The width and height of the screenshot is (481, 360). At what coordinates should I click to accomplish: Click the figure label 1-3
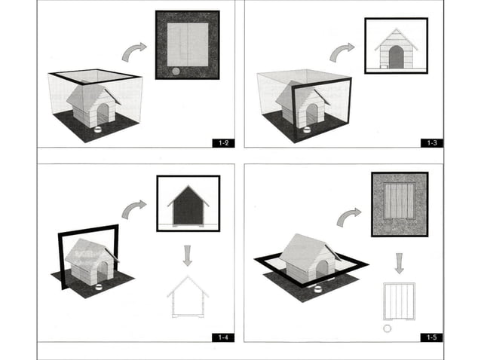pyautogui.click(x=432, y=142)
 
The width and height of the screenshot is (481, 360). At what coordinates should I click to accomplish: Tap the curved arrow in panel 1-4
pyautogui.click(x=134, y=209)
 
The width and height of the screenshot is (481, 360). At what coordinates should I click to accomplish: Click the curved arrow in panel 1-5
pyautogui.click(x=349, y=217)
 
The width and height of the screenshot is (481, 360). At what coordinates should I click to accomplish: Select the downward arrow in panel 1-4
pyautogui.click(x=188, y=254)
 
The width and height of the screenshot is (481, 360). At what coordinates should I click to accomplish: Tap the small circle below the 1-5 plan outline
pyautogui.click(x=388, y=328)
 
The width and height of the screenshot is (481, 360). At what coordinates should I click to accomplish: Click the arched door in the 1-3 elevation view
pyautogui.click(x=396, y=57)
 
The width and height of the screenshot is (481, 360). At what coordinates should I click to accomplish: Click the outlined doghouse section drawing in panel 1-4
pyautogui.click(x=188, y=297)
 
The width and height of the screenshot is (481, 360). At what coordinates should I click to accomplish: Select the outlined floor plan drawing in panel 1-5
pyautogui.click(x=400, y=301)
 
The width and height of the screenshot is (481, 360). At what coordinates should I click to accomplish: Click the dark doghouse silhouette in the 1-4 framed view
pyautogui.click(x=188, y=207)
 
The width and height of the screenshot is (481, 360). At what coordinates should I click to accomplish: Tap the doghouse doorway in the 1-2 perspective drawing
pyautogui.click(x=103, y=114)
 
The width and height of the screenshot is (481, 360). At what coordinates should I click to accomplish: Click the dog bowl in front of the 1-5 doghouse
pyautogui.click(x=317, y=288)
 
